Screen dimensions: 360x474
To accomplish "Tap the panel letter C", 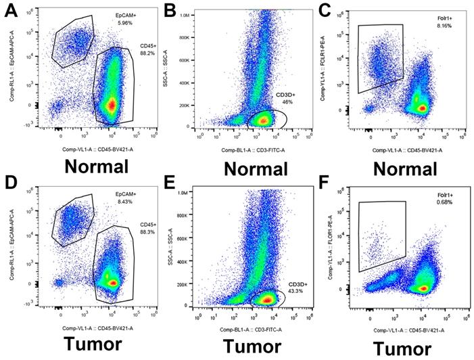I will pyautogui.click(x=326, y=9).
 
